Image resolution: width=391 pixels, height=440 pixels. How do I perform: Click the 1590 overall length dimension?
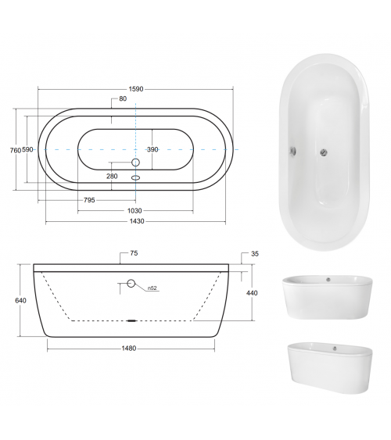pyautogui.click(x=136, y=89)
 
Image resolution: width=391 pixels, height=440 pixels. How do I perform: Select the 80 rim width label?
pyautogui.click(x=123, y=98)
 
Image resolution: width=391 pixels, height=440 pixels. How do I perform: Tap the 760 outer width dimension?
pyautogui.click(x=16, y=150)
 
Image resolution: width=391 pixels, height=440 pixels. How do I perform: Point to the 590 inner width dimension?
pyautogui.click(x=27, y=149)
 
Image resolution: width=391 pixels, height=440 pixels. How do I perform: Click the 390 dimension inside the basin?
pyautogui.click(x=152, y=149)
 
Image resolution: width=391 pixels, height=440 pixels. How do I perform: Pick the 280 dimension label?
pyautogui.click(x=112, y=176)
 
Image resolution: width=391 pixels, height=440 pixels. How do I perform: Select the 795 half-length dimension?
pyautogui.click(x=89, y=200)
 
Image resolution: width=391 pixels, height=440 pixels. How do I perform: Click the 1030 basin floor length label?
pyautogui.click(x=135, y=211)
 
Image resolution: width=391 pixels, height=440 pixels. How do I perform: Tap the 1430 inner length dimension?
pyautogui.click(x=137, y=221)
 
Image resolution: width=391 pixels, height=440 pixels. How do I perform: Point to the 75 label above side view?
pyautogui.click(x=134, y=253)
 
